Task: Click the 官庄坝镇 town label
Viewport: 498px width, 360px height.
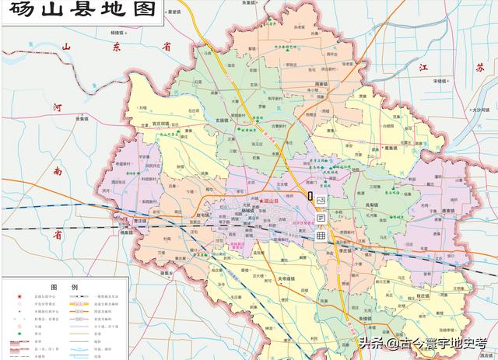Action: click(x=162, y=123)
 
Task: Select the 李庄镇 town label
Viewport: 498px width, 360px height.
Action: click(x=347, y=251)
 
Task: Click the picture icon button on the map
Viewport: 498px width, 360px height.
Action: click(x=320, y=201)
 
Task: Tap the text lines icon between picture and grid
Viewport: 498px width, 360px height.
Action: click(x=320, y=218)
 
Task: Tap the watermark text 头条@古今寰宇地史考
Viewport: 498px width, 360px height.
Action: click(x=420, y=342)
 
